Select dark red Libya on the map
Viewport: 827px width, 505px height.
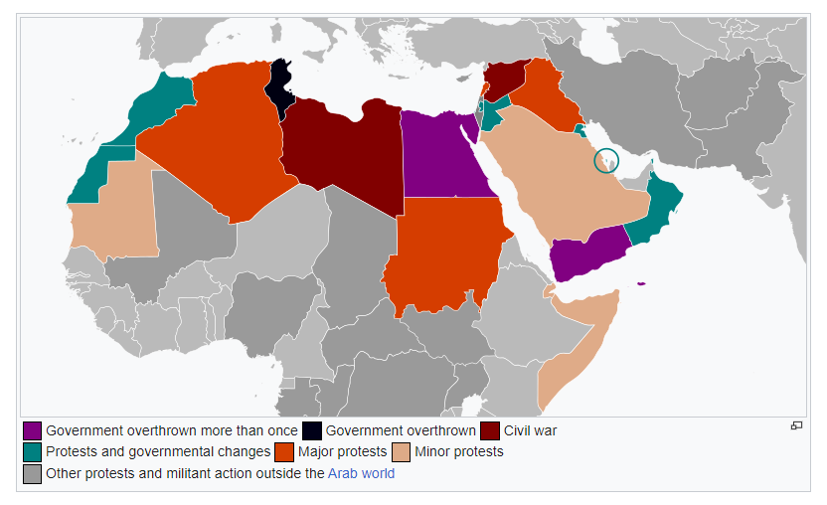click(x=343, y=149)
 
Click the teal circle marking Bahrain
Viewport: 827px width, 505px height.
click(x=606, y=159)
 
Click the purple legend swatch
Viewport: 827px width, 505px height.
click(x=33, y=430)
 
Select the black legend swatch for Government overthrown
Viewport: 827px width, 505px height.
click(x=312, y=430)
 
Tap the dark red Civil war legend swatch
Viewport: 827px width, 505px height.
click(x=490, y=430)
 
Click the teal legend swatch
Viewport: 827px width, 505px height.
click(x=33, y=452)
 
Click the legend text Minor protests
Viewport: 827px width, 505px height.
click(x=458, y=452)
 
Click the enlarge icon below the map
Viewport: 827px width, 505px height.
click(x=796, y=425)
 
